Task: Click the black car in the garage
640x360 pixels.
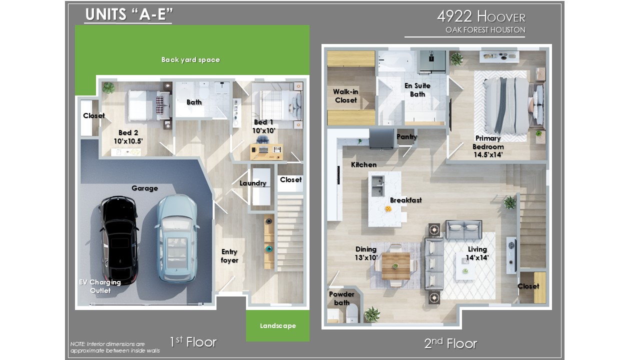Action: point(119,240)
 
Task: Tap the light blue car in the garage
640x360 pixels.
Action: point(177,238)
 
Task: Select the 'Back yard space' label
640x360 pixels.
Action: point(190,59)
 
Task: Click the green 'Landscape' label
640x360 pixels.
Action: point(277,325)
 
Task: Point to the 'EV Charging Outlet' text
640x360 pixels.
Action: point(100,286)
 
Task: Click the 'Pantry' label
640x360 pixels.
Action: point(406,137)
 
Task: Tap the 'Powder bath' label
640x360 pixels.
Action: point(341,298)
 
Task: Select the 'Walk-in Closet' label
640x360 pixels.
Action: point(345,95)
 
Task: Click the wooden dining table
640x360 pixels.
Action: point(396,266)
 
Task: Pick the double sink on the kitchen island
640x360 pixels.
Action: point(377,186)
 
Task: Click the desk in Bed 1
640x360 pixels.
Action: point(266,151)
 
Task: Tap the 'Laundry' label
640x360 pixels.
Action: point(253,183)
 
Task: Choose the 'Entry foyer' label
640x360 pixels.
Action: point(229,255)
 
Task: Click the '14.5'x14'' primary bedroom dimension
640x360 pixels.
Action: point(488,154)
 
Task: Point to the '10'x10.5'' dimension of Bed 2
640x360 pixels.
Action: point(128,141)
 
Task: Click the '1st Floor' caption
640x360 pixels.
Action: point(193,341)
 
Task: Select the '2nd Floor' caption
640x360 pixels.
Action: point(450,343)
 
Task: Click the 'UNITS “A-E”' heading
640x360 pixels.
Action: point(129,14)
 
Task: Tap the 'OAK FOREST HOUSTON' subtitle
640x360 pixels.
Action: point(485,29)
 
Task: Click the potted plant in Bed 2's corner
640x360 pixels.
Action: point(108,87)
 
